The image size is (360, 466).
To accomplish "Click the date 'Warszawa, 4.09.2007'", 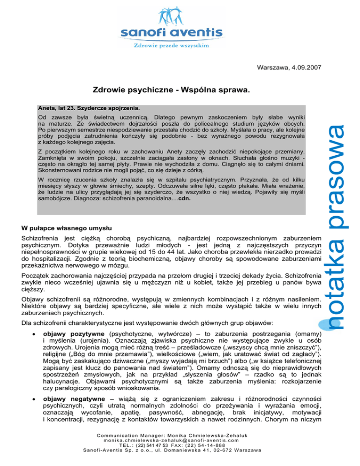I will tap(289, 68).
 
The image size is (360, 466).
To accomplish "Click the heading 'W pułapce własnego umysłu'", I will tap(67, 229).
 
